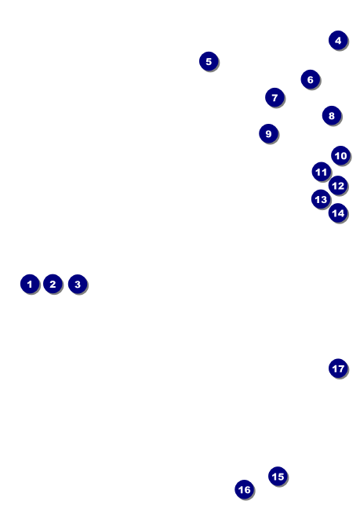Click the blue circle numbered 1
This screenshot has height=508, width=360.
point(30,284)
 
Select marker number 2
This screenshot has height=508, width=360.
point(53,284)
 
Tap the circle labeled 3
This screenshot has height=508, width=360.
point(77,284)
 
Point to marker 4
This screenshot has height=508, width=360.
point(338,40)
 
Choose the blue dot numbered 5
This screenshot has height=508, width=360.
point(209,61)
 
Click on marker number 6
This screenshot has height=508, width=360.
point(310,79)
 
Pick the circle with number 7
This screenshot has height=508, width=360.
point(274,97)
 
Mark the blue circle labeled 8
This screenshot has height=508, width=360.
point(331,116)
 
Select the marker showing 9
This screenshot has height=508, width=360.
point(268,133)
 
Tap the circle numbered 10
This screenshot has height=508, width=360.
point(340,155)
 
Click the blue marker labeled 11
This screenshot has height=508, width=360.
point(321,172)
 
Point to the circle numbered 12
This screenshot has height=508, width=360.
point(337,186)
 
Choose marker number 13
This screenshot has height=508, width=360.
point(321,199)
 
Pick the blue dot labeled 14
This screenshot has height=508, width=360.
point(337,212)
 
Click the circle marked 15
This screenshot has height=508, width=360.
point(278,476)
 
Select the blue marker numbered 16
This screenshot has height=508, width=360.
point(244,489)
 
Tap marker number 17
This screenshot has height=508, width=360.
point(338,368)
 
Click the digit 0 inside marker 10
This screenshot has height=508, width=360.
point(343,155)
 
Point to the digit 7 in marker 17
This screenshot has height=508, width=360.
point(341,368)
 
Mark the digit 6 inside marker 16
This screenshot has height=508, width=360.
point(247,489)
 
